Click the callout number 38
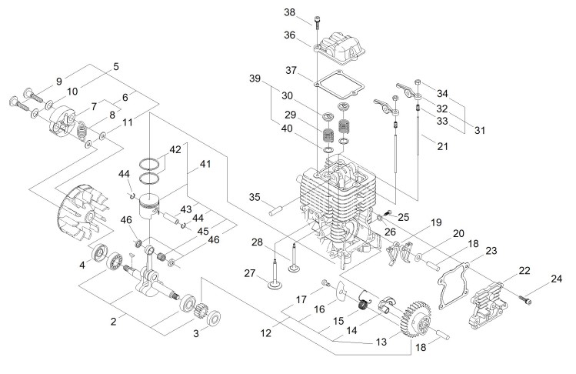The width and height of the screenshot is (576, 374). (x=311, y=12)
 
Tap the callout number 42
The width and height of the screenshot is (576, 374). (x=175, y=149)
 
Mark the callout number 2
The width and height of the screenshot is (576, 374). (x=113, y=321)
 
